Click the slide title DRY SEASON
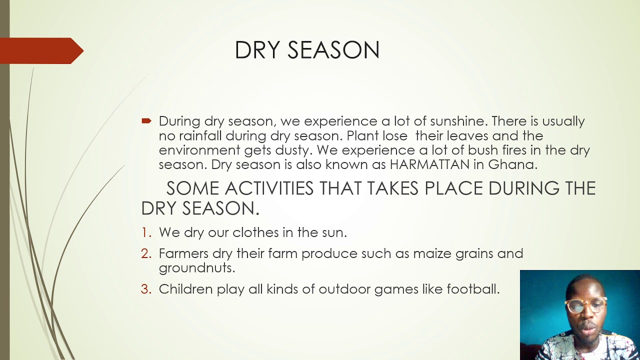307,50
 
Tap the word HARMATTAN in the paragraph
429,164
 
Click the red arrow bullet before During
146,121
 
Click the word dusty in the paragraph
293,150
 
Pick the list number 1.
145,232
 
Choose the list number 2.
145,253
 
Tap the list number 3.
145,289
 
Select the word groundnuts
196,268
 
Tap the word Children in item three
185,289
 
